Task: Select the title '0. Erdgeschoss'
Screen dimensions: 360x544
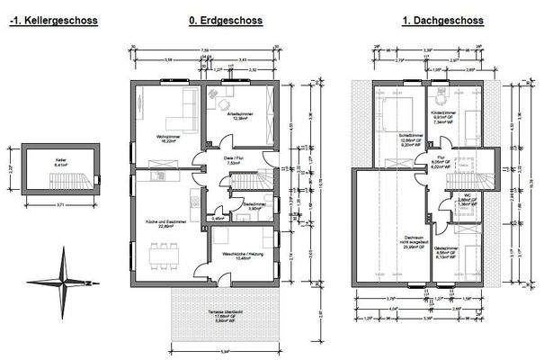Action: [x=227, y=20]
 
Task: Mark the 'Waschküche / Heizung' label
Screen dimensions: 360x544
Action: [x=239, y=255]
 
